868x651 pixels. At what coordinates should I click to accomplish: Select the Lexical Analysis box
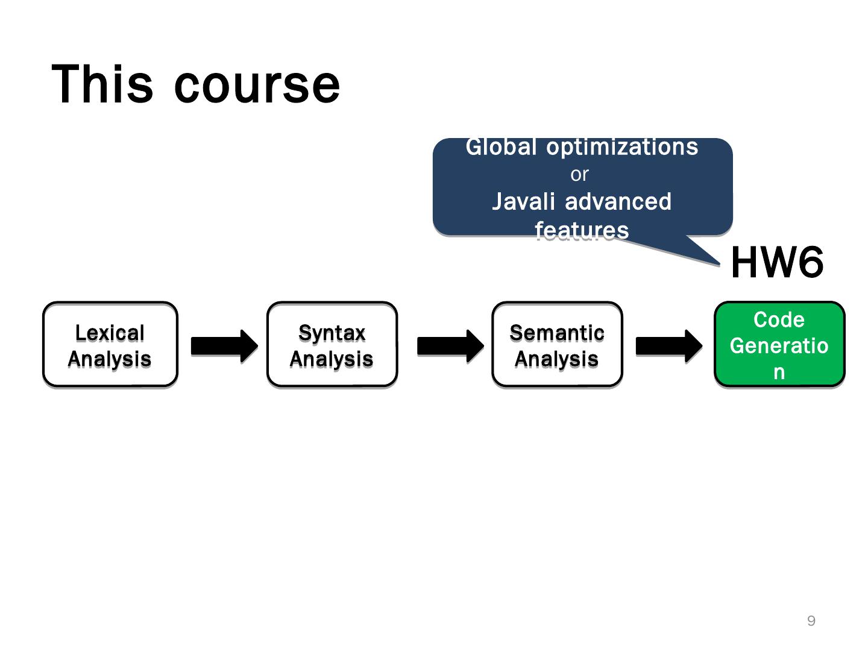[x=110, y=344]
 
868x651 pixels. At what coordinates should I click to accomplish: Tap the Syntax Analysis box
[x=332, y=344]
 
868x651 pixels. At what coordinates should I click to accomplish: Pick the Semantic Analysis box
[x=557, y=344]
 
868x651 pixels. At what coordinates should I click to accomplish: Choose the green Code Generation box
[x=779, y=344]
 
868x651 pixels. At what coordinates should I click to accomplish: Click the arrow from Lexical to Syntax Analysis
[x=224, y=346]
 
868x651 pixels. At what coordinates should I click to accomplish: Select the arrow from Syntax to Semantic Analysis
[x=450, y=346]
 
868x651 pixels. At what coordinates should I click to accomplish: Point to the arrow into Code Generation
[x=668, y=346]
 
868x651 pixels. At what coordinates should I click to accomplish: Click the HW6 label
[x=776, y=263]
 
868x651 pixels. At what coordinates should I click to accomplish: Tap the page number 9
[x=811, y=621]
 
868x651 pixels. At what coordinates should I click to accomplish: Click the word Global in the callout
[x=501, y=147]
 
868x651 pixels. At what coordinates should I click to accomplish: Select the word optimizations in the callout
[x=622, y=147]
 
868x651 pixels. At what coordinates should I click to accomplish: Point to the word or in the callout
[x=579, y=174]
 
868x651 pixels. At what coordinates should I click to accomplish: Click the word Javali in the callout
[x=523, y=201]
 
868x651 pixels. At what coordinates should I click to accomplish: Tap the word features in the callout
[x=582, y=230]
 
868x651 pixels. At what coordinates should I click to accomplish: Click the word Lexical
[x=110, y=333]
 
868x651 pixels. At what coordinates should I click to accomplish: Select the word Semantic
[x=557, y=333]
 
